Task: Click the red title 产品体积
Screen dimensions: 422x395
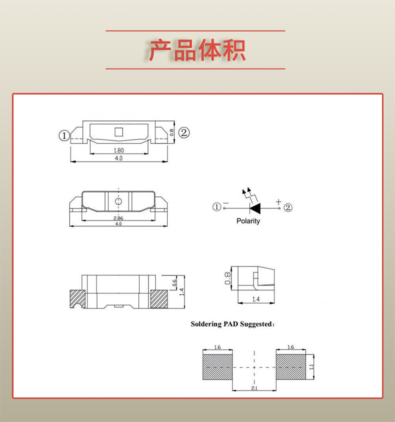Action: [197, 50]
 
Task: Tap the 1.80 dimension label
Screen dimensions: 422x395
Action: [118, 150]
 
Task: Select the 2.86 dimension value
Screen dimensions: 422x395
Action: [118, 218]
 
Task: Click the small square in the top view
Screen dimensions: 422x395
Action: [118, 132]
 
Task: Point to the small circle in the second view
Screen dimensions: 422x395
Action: [118, 201]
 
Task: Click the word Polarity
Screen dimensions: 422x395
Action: [248, 221]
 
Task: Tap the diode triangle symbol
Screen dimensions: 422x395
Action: [254, 207]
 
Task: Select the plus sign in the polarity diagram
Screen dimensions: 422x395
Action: [278, 201]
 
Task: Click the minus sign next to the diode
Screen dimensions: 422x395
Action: [225, 202]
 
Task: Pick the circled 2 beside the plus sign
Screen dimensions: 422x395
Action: [288, 207]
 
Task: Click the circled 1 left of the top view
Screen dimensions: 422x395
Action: [63, 135]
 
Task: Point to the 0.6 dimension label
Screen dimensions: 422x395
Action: [174, 282]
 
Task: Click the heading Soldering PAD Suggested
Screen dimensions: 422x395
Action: [232, 324]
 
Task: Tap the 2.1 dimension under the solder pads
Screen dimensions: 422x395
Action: [254, 388]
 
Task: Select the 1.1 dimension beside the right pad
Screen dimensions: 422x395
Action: [311, 367]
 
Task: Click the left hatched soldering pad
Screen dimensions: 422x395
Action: [217, 367]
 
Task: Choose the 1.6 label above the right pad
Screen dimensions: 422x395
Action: [290, 347]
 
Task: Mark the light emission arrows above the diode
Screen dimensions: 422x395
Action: [247, 192]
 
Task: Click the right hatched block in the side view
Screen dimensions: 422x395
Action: [159, 298]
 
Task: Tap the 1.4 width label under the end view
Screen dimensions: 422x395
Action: [255, 299]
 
